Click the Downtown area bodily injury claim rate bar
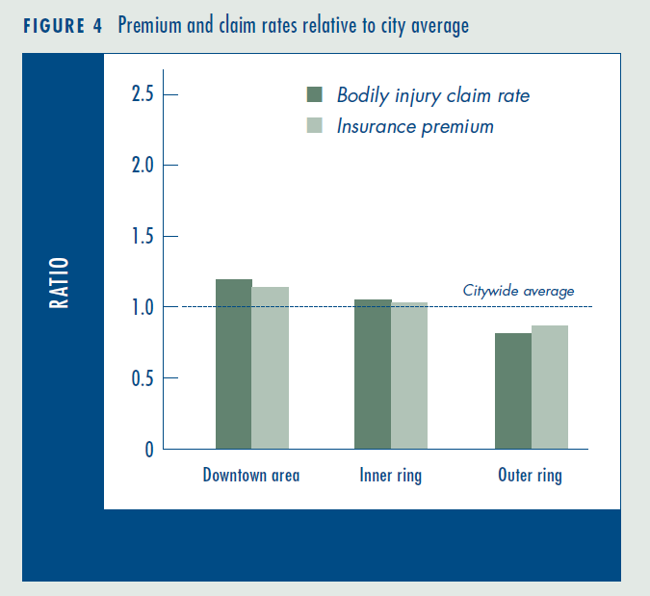(234, 364)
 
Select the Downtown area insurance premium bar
(271, 368)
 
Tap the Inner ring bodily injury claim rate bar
(373, 374)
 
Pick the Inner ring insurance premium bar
(409, 376)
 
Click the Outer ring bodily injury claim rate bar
(513, 391)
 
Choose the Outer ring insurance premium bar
(550, 387)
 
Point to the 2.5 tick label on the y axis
(143, 94)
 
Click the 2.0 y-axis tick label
(143, 165)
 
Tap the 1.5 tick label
(143, 236)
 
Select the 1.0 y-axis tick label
(143, 307)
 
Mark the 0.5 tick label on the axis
(143, 378)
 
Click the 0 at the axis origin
(149, 450)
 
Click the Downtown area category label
(251, 475)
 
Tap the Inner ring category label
(391, 476)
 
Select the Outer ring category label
(530, 476)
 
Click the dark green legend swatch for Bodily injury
(315, 94)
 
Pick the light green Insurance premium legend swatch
(315, 125)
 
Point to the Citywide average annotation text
(518, 291)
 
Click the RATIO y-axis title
(59, 283)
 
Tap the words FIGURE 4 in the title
(63, 26)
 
